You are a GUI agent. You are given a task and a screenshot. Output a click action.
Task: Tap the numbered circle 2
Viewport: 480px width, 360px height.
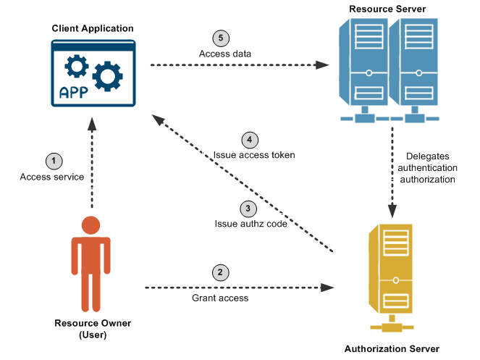click(x=220, y=273)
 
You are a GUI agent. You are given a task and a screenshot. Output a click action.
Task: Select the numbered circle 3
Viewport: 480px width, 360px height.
click(x=249, y=208)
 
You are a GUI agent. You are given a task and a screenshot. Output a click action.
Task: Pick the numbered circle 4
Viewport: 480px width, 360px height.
click(x=249, y=139)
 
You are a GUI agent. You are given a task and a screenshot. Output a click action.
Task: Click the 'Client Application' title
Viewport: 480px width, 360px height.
click(x=93, y=28)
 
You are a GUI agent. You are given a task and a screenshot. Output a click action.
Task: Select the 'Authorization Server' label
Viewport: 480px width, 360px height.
click(x=391, y=348)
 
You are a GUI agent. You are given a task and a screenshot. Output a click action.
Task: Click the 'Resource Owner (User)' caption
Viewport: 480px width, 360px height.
click(x=93, y=329)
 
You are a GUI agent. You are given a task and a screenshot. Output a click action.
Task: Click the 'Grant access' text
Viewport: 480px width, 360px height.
click(x=220, y=298)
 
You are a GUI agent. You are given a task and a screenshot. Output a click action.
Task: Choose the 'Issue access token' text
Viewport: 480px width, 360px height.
click(x=254, y=155)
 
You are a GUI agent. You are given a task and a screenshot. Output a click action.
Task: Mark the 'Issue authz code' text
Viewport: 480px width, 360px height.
click(x=251, y=224)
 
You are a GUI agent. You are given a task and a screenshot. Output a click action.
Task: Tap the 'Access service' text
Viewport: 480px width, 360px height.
click(x=52, y=177)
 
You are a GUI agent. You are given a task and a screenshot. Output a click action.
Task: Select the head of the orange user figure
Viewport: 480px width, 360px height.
click(x=90, y=223)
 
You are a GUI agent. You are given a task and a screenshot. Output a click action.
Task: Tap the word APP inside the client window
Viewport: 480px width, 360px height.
click(x=74, y=93)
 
